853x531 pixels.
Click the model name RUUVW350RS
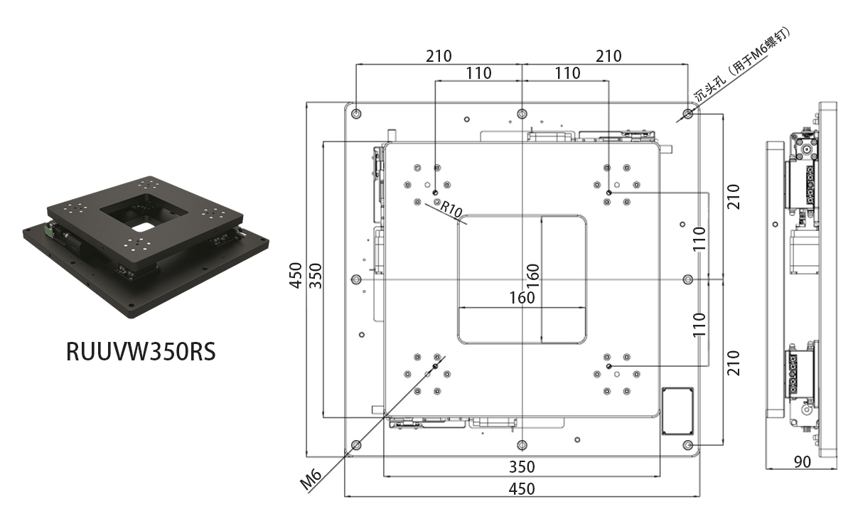click(141, 351)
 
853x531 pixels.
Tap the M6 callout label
click(311, 480)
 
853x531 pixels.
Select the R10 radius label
click(451, 208)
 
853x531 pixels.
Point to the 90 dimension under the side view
click(803, 462)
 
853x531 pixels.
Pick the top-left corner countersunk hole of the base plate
click(356, 114)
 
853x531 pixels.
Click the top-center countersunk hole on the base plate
click(522, 114)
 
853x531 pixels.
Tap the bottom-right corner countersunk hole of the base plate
click(688, 445)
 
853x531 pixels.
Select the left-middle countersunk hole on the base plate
click(356, 279)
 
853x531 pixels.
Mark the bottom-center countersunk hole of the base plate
click(522, 445)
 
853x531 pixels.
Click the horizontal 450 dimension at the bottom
click(522, 489)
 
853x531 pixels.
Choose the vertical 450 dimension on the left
click(296, 275)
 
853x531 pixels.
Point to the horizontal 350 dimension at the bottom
click(522, 467)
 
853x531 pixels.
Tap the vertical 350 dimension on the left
click(316, 275)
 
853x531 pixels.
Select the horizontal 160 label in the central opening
click(522, 298)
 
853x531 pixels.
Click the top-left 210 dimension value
click(439, 56)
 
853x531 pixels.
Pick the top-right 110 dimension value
click(567, 73)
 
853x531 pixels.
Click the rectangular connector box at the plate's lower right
click(677, 411)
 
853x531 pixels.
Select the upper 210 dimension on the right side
click(734, 197)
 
